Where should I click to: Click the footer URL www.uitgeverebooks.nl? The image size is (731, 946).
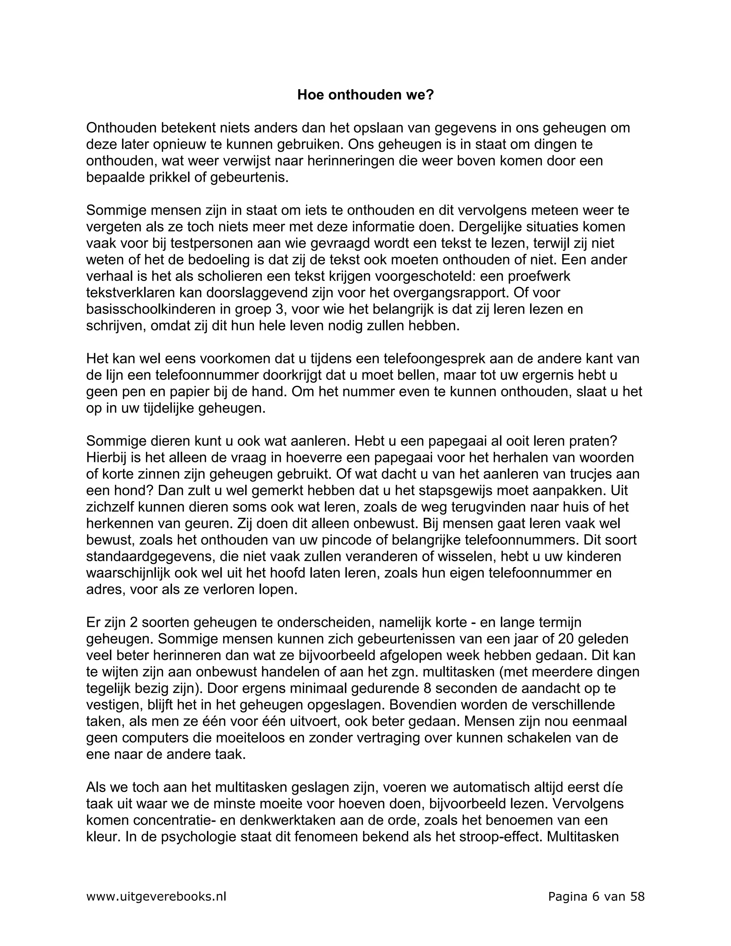pyautogui.click(x=156, y=897)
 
